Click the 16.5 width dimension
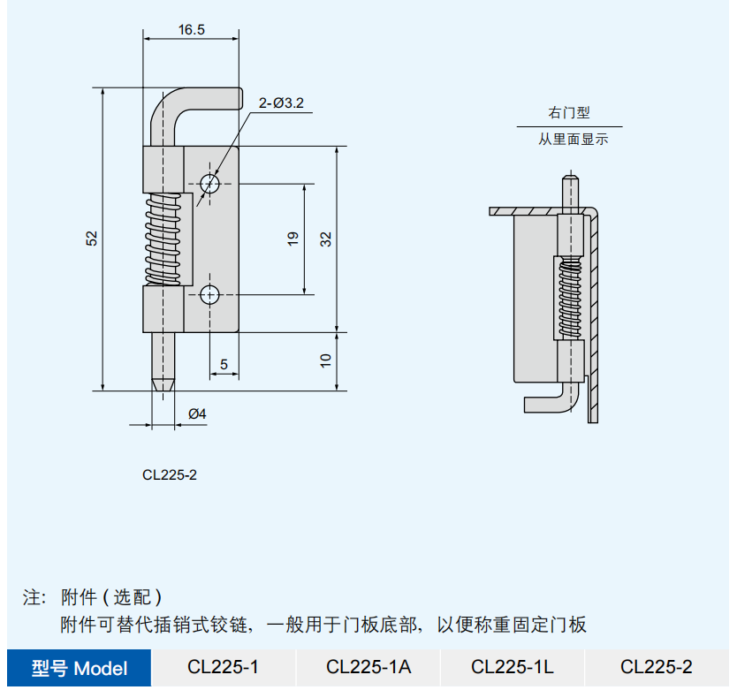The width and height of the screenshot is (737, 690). tap(191, 29)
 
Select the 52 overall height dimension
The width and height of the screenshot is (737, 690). tap(91, 239)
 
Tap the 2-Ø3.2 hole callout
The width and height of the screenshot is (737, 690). tap(281, 103)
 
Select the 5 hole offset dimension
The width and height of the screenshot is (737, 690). tap(224, 363)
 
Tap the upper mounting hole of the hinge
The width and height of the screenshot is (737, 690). tap(210, 184)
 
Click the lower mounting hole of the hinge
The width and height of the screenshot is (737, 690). tap(210, 294)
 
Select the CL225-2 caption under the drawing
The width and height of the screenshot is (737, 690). tap(170, 474)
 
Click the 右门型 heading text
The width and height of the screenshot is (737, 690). tap(568, 113)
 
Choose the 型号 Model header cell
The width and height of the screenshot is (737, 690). tap(80, 668)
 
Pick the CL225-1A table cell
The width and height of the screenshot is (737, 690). tap(368, 667)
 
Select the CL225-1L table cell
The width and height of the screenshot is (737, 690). tap(513, 667)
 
